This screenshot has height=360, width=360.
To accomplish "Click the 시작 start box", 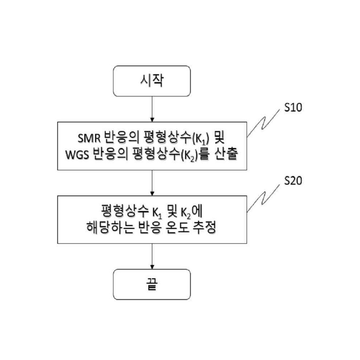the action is [152, 81].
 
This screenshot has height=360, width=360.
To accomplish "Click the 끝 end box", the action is [152, 284].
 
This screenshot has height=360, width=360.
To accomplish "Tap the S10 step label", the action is [293, 107].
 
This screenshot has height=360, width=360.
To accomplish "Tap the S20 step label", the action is [293, 181].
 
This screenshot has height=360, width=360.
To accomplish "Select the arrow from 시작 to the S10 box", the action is [152, 109].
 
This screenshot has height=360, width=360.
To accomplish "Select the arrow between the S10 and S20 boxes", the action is [152, 183].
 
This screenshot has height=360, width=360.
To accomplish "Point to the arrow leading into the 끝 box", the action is [152, 256].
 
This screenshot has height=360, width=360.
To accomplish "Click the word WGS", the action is [77, 154].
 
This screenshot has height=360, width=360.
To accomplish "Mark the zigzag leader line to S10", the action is [264, 123].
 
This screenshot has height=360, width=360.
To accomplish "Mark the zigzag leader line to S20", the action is [264, 197].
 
